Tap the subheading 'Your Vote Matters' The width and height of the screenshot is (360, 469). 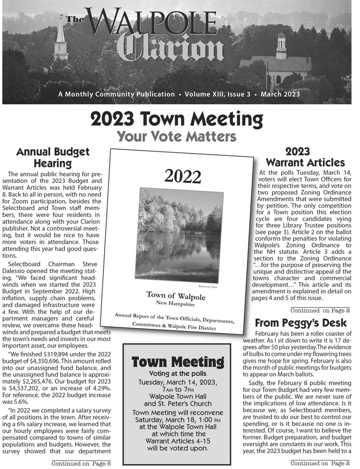click(177, 137)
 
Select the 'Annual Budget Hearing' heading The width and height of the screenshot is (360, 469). click(53, 158)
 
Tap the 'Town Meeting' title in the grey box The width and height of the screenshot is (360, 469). click(177, 361)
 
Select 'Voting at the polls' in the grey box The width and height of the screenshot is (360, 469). click(177, 374)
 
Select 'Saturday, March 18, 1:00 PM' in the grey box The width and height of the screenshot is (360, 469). click(177, 419)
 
